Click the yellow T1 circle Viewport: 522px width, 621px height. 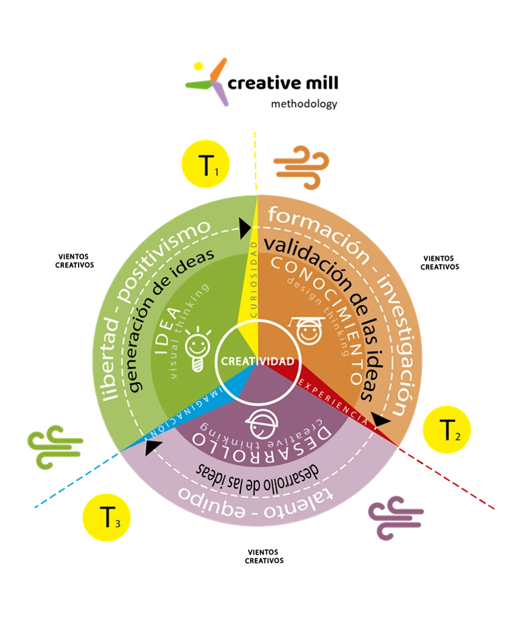coord(206,165)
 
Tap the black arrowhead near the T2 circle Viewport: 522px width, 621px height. coord(381,421)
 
